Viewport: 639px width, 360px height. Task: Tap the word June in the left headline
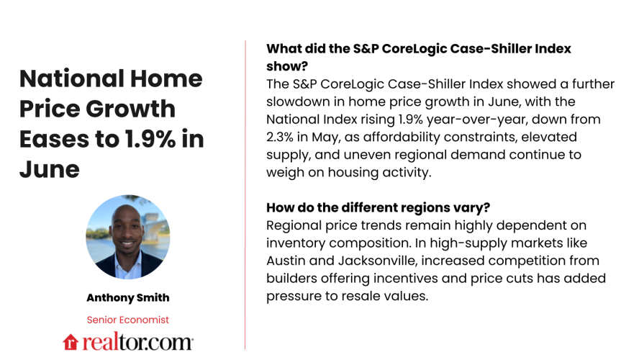click(49, 170)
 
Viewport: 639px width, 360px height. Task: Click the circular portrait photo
click(128, 237)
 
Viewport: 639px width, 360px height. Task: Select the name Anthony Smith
click(128, 297)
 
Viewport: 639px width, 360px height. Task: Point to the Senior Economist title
click(128, 320)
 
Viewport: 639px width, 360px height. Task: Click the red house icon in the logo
click(71, 341)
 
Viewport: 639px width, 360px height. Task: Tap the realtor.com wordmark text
click(137, 341)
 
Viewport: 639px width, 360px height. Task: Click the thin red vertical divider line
click(245, 194)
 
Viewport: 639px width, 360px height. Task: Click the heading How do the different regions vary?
click(379, 207)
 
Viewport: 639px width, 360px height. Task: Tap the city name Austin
click(287, 260)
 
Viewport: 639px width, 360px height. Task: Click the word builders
click(291, 278)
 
